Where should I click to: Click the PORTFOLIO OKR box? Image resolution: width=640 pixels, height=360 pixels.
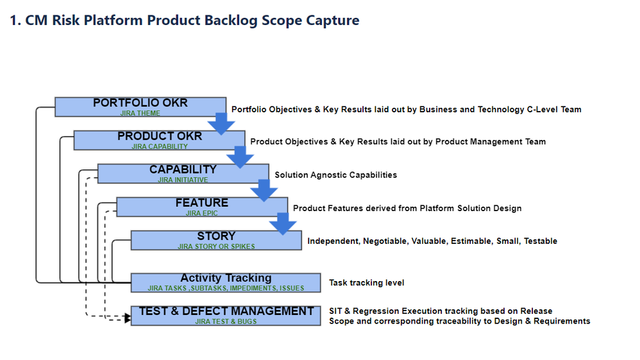[x=140, y=107]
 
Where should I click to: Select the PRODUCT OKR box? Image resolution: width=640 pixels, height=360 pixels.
[x=160, y=140]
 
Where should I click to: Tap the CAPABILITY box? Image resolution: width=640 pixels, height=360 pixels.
[x=183, y=174]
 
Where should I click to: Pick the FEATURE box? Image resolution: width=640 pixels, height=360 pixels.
[x=202, y=207]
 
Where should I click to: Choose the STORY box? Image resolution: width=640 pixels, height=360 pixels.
[x=216, y=240]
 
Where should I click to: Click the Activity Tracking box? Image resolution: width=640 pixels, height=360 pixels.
[x=226, y=283]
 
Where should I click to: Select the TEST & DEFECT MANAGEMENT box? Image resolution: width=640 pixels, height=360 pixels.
[x=226, y=316]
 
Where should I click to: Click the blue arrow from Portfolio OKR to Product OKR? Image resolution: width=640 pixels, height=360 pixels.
[x=221, y=124]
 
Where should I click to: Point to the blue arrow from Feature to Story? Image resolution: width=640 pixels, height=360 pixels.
[x=283, y=223]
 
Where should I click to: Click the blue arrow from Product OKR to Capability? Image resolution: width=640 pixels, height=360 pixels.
[x=240, y=157]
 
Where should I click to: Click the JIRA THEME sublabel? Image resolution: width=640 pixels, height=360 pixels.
[x=140, y=113]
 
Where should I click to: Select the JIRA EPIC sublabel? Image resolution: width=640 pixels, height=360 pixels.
[x=201, y=213]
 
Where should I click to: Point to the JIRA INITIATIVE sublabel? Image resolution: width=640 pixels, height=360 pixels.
[x=183, y=180]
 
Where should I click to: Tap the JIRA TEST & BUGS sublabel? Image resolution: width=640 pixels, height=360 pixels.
[x=226, y=321]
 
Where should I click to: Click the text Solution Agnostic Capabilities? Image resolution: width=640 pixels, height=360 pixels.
[x=335, y=175]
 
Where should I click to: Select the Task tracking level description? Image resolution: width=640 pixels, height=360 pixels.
[x=367, y=283]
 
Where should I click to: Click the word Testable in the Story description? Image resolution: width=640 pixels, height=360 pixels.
[x=541, y=241]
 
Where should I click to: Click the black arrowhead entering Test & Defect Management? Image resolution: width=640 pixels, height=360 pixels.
[x=128, y=318]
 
